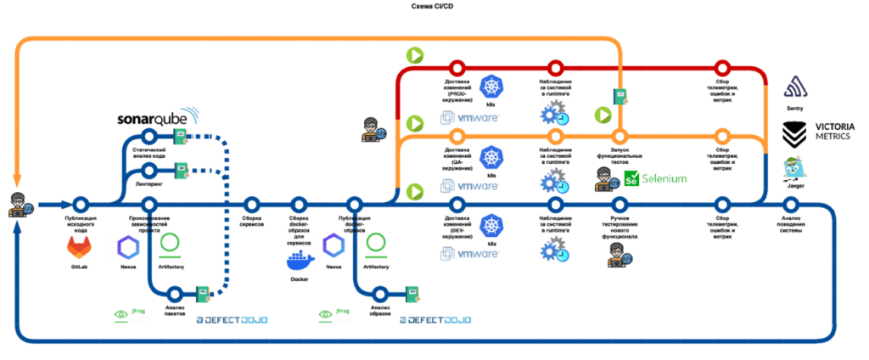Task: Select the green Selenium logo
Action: click(654, 178)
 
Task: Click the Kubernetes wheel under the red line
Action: click(491, 86)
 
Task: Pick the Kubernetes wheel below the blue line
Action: click(491, 225)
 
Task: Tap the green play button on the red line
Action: click(415, 55)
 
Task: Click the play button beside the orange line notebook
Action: click(603, 114)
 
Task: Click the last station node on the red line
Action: click(722, 67)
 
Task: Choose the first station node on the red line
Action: click(457, 67)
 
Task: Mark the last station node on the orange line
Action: click(722, 135)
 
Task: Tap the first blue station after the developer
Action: click(81, 205)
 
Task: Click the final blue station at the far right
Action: click(790, 205)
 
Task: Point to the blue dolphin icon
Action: click(190, 115)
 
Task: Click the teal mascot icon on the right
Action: click(793, 166)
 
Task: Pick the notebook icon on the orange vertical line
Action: click(621, 97)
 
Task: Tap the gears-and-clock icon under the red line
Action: click(554, 111)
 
